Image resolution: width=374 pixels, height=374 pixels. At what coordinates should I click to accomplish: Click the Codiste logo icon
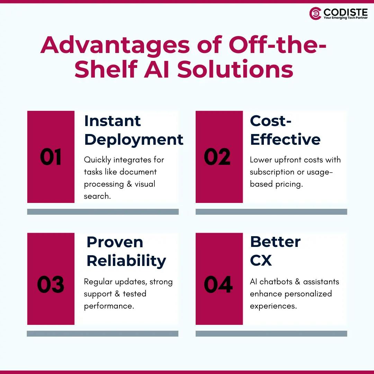pos(315,14)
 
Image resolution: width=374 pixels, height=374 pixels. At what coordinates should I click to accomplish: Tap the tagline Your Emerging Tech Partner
pos(346,18)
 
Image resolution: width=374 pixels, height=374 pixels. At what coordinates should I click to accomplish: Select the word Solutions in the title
pos(235,69)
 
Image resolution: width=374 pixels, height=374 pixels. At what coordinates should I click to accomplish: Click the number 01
pos(51,157)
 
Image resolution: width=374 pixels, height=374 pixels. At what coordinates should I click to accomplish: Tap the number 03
pos(51,285)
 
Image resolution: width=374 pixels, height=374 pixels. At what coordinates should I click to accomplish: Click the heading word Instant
pos(113,121)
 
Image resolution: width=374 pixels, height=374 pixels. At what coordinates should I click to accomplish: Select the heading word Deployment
pos(134,139)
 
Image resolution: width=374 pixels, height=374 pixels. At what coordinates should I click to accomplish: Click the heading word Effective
pos(285,139)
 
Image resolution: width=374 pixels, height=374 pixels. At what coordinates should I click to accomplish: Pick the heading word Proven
pos(115,242)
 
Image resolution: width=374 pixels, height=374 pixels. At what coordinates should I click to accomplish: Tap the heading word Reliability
pos(126,260)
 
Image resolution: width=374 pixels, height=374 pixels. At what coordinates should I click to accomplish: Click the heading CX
pos(261,260)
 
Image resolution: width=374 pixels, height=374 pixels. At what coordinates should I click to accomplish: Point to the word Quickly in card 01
pos(98,160)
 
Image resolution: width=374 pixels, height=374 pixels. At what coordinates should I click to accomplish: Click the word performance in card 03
pos(109,306)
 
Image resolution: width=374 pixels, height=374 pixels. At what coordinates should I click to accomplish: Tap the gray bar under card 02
pos(271,212)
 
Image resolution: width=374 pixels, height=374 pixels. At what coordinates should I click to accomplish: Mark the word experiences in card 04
pos(273,306)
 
